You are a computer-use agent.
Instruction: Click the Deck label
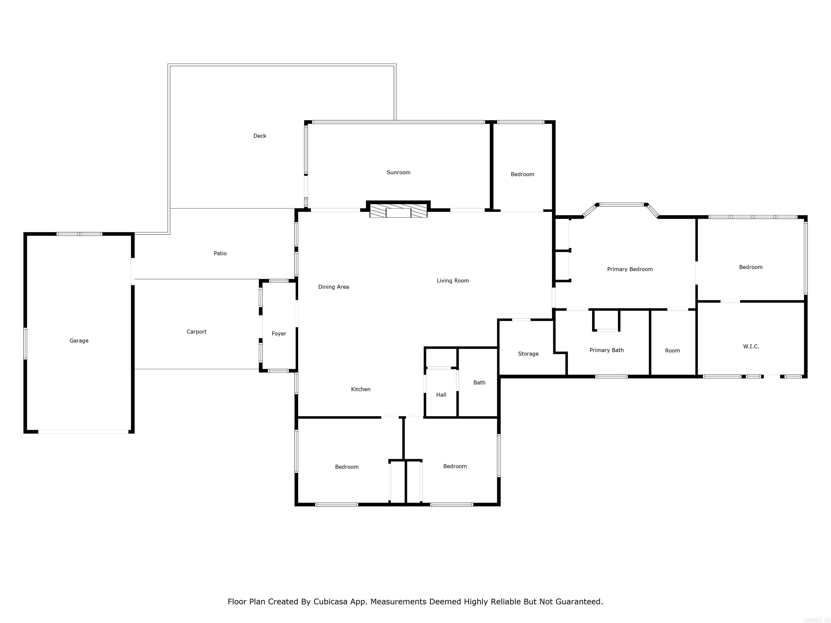[x=260, y=136]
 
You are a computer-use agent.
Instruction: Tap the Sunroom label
[x=399, y=172]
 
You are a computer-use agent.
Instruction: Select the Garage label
[x=79, y=341]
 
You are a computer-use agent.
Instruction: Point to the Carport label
[x=196, y=332]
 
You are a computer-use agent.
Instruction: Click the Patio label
[x=220, y=253]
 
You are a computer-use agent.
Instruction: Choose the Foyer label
[x=279, y=333]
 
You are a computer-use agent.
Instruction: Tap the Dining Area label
[x=334, y=287]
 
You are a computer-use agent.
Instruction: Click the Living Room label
[x=453, y=280]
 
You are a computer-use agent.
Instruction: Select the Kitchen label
[x=361, y=389]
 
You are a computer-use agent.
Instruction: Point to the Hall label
[x=441, y=395]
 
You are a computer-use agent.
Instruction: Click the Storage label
[x=528, y=354]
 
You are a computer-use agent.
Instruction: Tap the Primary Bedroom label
[x=630, y=269]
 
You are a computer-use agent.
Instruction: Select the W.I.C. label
[x=751, y=346]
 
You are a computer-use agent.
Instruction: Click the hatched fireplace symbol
[x=398, y=210]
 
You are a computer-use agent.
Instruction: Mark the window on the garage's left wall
[x=25, y=344]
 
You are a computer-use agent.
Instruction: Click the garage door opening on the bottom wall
[x=83, y=432]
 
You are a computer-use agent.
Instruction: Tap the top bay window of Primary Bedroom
[x=621, y=205]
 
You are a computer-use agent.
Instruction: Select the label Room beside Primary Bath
[x=672, y=351]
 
